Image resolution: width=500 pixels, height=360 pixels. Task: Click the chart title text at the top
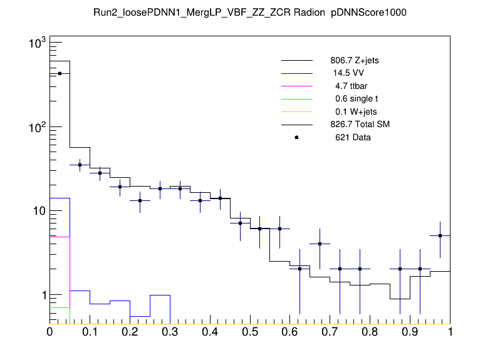point(250,13)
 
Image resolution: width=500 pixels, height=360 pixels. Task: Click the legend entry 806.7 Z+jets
point(354,61)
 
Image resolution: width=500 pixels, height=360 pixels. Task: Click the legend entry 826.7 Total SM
point(360,125)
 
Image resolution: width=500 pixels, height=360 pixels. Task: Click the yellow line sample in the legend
point(296,112)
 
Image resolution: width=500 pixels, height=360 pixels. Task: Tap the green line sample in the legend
point(296,99)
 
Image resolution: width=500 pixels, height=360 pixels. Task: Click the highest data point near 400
point(60,73)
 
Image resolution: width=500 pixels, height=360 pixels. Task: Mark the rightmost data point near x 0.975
point(440,236)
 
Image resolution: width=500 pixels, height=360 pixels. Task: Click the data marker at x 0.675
point(320,244)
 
